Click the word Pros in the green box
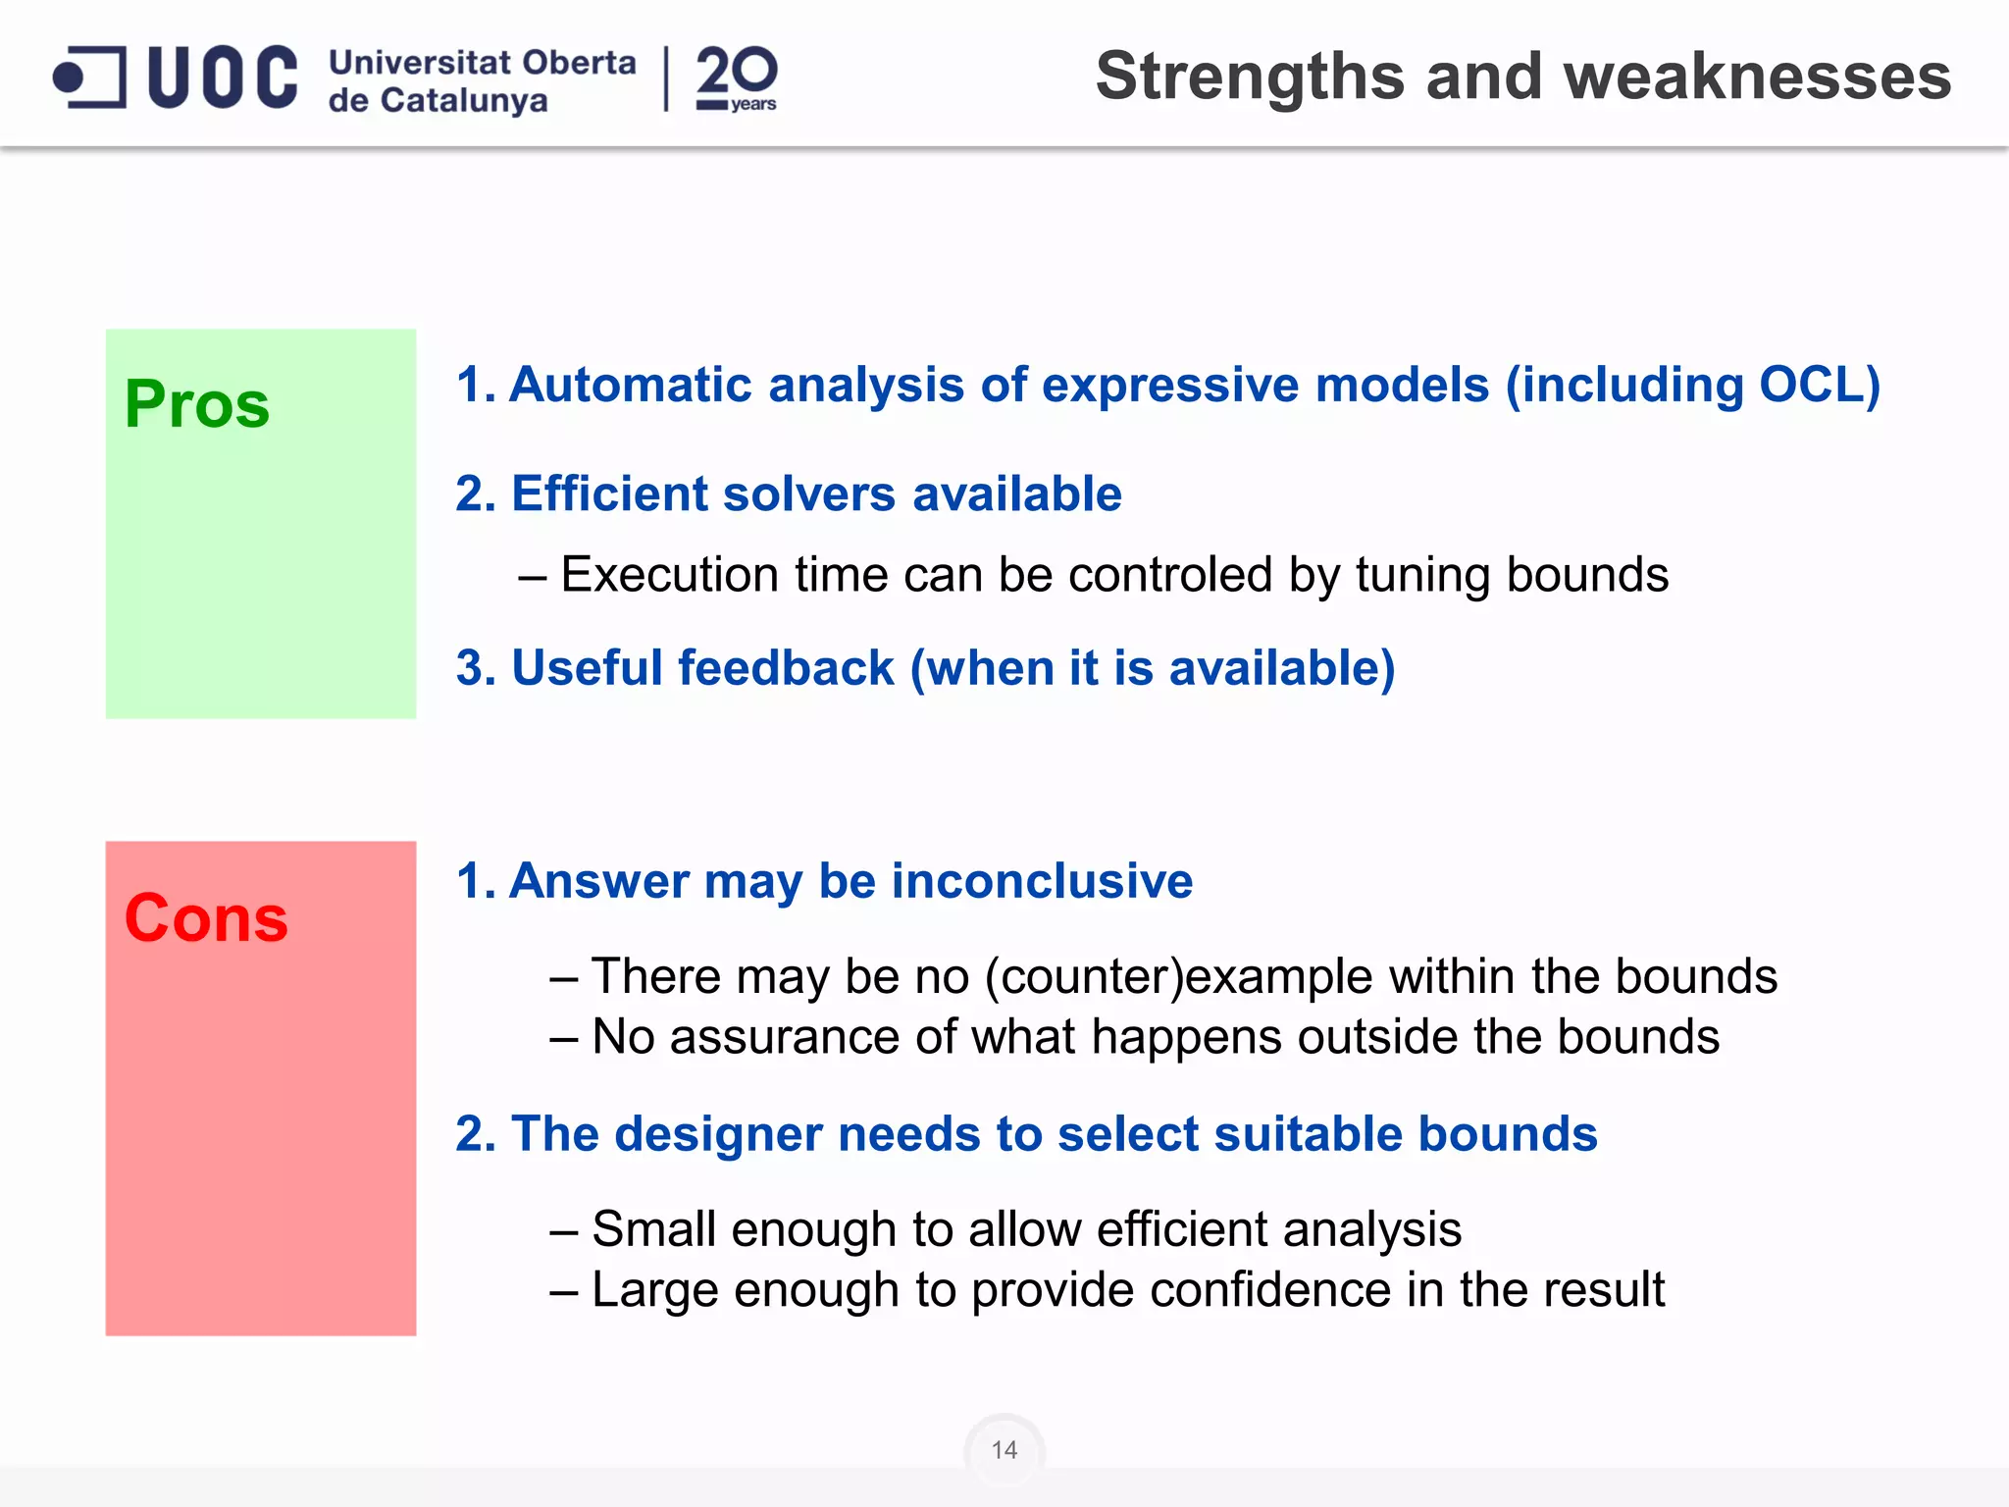point(196,404)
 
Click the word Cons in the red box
point(206,918)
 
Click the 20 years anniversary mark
point(737,78)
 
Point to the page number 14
point(1004,1450)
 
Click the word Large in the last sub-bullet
point(654,1290)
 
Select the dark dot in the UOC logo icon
point(69,77)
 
